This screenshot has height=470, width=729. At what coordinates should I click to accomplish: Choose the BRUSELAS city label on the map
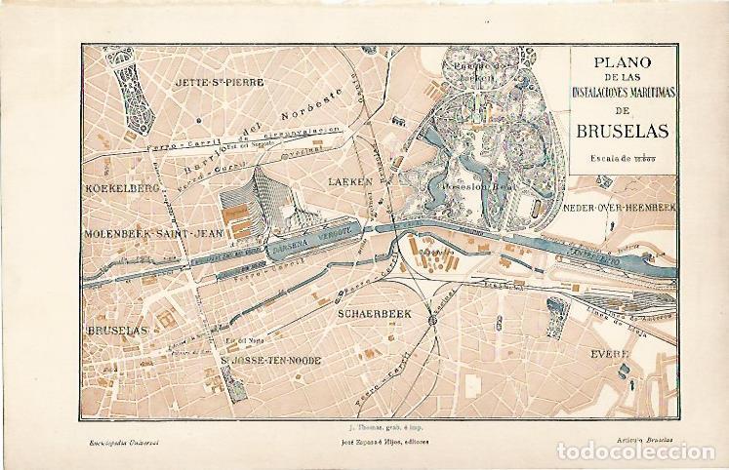pos(117,332)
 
